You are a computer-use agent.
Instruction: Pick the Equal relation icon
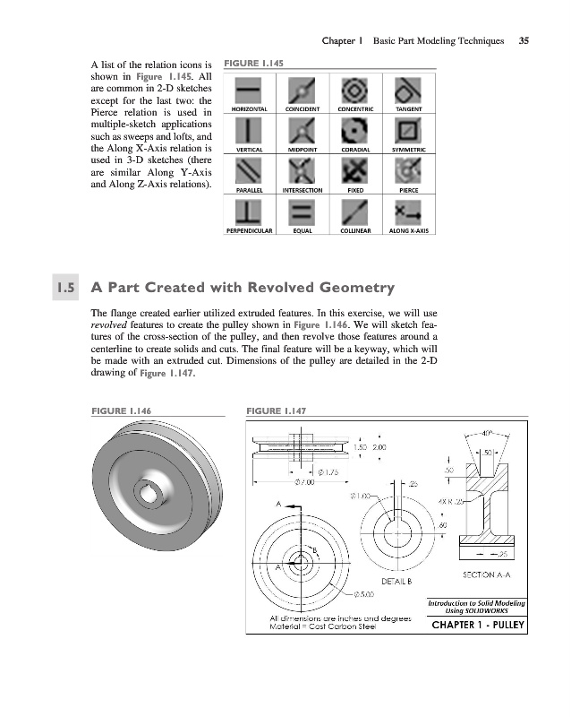[303, 211]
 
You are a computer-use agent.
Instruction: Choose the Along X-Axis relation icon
[408, 211]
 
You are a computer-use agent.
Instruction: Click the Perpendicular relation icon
[248, 211]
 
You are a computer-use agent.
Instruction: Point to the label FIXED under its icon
[355, 191]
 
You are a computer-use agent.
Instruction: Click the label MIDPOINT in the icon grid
[303, 150]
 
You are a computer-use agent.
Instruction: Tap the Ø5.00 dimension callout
[362, 592]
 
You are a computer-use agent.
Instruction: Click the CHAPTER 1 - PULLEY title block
[476, 624]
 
